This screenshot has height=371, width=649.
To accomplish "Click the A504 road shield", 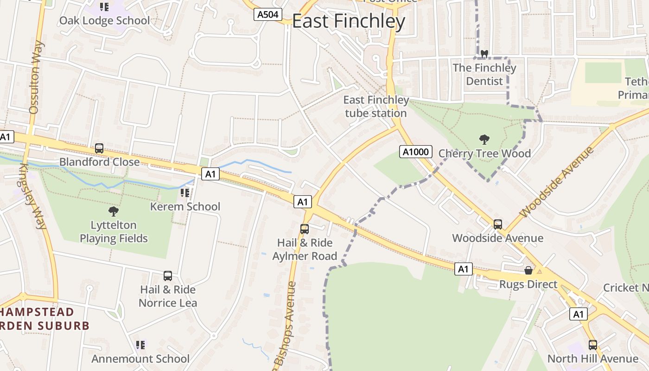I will tap(268, 14).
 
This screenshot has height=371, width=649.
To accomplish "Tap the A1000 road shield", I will tap(416, 152).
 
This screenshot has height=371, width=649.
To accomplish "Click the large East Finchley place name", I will tap(349, 21).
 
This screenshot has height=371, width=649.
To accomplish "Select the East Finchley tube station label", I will tap(376, 107).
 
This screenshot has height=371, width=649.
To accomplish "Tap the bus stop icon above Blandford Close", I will tap(99, 148).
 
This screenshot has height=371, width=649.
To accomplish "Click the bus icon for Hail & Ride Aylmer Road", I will tap(305, 229).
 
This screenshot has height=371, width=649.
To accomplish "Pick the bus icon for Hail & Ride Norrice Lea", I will tap(168, 276).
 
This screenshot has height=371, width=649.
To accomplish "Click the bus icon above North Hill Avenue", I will tap(592, 345).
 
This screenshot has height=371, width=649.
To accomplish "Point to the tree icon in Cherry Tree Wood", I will tap(484, 139).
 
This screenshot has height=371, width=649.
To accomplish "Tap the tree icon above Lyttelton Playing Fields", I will tap(114, 211).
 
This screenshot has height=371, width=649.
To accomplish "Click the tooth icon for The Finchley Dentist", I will tap(484, 54).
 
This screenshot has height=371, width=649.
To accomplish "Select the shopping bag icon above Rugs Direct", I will tap(528, 270).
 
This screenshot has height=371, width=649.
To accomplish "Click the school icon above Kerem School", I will tap(185, 192).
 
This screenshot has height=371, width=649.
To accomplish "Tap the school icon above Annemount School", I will tap(140, 345).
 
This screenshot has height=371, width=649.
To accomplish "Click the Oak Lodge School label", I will tap(104, 20).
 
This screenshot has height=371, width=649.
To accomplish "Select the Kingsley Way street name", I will tap(33, 196).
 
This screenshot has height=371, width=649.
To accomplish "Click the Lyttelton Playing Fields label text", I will tap(114, 232).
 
